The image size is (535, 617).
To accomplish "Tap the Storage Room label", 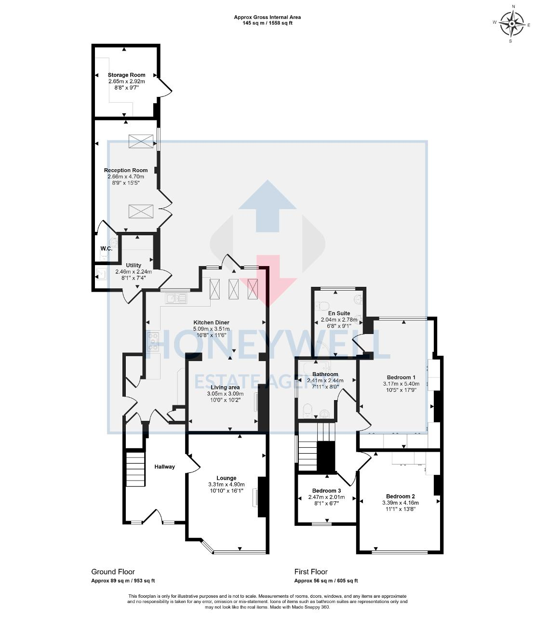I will pos(126,75).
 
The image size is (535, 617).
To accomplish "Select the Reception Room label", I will pos(126,170).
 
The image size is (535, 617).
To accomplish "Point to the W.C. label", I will pos(107,249).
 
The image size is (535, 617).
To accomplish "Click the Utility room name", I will pos(134,265).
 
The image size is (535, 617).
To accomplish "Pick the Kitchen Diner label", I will pos(211,322).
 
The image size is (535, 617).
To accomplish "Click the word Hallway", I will pos(164,467).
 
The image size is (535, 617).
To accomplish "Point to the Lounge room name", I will pos(226,478).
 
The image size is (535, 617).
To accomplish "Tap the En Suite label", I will pos(339,313).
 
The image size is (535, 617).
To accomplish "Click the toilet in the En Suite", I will pos(323,305).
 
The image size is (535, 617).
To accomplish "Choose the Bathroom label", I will pos(325,374).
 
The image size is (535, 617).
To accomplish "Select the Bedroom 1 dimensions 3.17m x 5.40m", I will pos(401,384).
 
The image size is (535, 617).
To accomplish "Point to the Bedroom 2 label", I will pos(400,496).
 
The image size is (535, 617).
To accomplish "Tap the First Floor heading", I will pos(311,572).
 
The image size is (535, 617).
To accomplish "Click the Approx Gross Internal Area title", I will pos(267,17).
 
